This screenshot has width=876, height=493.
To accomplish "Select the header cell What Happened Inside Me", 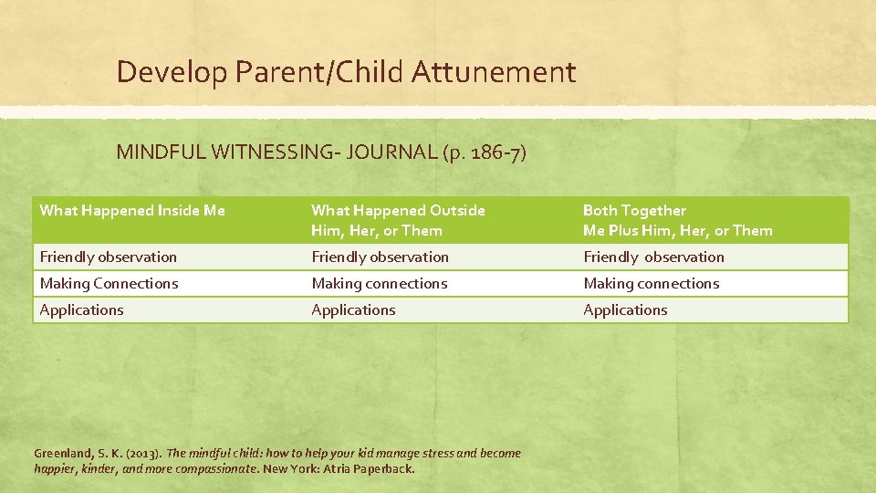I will pos(132,211).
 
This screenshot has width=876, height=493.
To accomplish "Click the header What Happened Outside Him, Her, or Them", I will pos(398,220).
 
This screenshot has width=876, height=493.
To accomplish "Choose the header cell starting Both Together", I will pos(677,220).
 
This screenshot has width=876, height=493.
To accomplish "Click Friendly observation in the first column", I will pos(109,257).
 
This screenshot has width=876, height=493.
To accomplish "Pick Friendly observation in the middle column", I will pos(380,257).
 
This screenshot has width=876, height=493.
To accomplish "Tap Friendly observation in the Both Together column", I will pos(653,257).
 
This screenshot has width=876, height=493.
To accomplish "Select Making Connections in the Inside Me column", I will pos(109,284).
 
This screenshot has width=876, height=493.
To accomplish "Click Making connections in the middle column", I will pos(379,284).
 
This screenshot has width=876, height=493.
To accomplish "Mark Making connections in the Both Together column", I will pos(651,284).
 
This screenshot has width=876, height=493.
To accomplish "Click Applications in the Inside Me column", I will pos(81,310).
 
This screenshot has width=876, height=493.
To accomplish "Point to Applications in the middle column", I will pos(353,310).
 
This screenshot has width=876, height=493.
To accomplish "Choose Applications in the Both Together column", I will pos(625,310).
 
